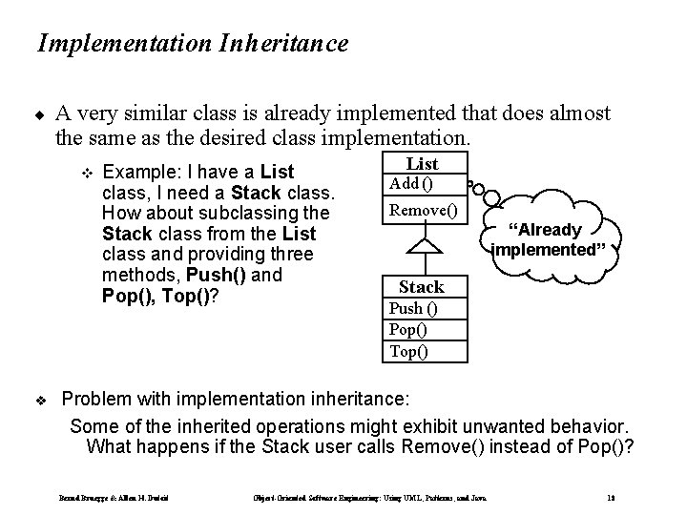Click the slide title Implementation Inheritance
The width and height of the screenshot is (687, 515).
192,43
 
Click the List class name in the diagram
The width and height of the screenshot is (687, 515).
422,164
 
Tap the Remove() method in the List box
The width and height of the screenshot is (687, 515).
422,210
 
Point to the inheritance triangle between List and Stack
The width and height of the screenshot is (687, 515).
422,245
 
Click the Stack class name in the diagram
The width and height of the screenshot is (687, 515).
422,286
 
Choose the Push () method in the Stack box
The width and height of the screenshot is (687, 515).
412,307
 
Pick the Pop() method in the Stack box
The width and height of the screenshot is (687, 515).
408,329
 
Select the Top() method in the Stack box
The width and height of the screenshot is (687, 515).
408,351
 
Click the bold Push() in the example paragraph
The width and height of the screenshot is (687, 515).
218,276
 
